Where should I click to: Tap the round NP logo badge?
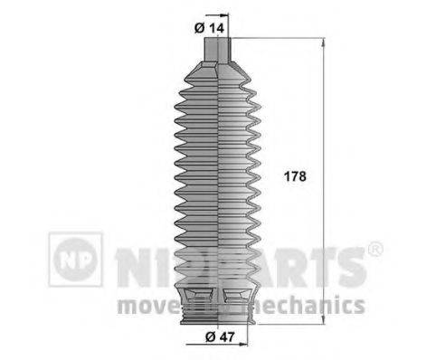click(x=76, y=260)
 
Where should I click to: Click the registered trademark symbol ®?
click(x=374, y=249)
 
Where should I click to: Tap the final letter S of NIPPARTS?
click(x=351, y=263)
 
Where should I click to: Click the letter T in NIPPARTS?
click(x=322, y=263)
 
